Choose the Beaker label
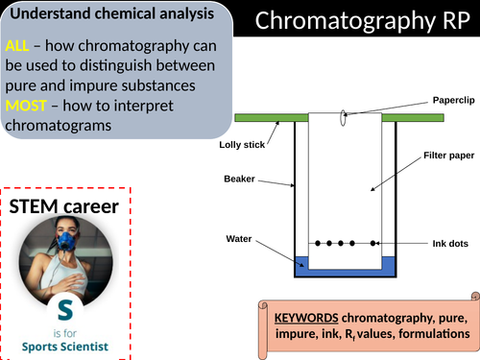pyautogui.click(x=240, y=179)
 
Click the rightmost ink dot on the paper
pyautogui.click(x=369, y=244)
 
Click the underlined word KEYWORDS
pyautogui.click(x=305, y=318)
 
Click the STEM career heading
pyautogui.click(x=63, y=206)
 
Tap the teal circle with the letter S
pyautogui.click(x=63, y=309)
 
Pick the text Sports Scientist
pyautogui.click(x=66, y=346)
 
